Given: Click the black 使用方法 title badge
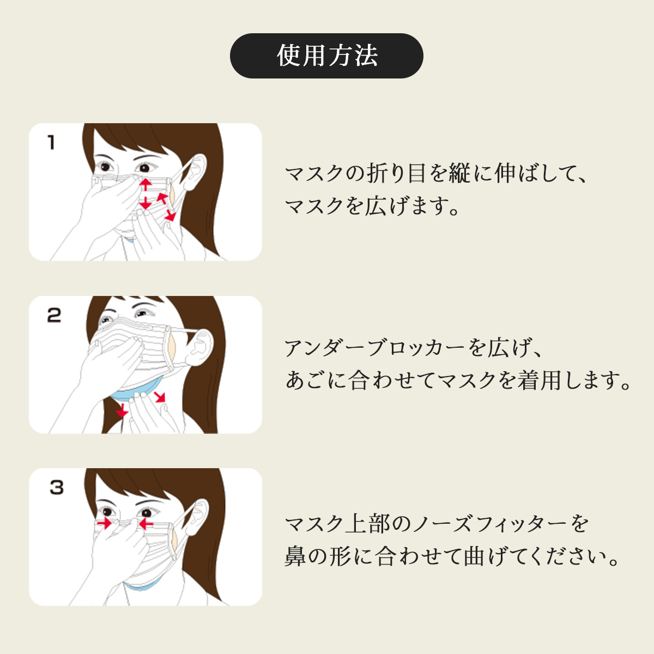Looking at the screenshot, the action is pyautogui.click(x=326, y=56).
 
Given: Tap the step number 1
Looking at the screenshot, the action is pyautogui.click(x=51, y=142).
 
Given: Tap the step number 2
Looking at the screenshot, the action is pyautogui.click(x=54, y=315).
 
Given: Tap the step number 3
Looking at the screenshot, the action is pyautogui.click(x=57, y=487).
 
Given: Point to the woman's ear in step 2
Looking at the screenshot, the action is pyautogui.click(x=203, y=346).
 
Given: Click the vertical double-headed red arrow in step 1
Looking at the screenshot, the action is pyautogui.click(x=146, y=194).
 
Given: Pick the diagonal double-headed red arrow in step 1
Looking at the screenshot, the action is pyautogui.click(x=167, y=207).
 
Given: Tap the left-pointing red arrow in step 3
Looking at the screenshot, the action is pyautogui.click(x=146, y=524).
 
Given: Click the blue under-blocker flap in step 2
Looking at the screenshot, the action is pyautogui.click(x=136, y=392).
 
